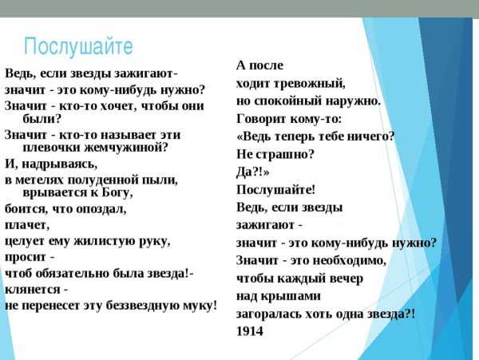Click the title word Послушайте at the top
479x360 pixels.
coord(77,45)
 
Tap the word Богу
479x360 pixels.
coord(113,192)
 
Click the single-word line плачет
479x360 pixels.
coord(26,225)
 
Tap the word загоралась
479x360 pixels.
coord(273,314)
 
